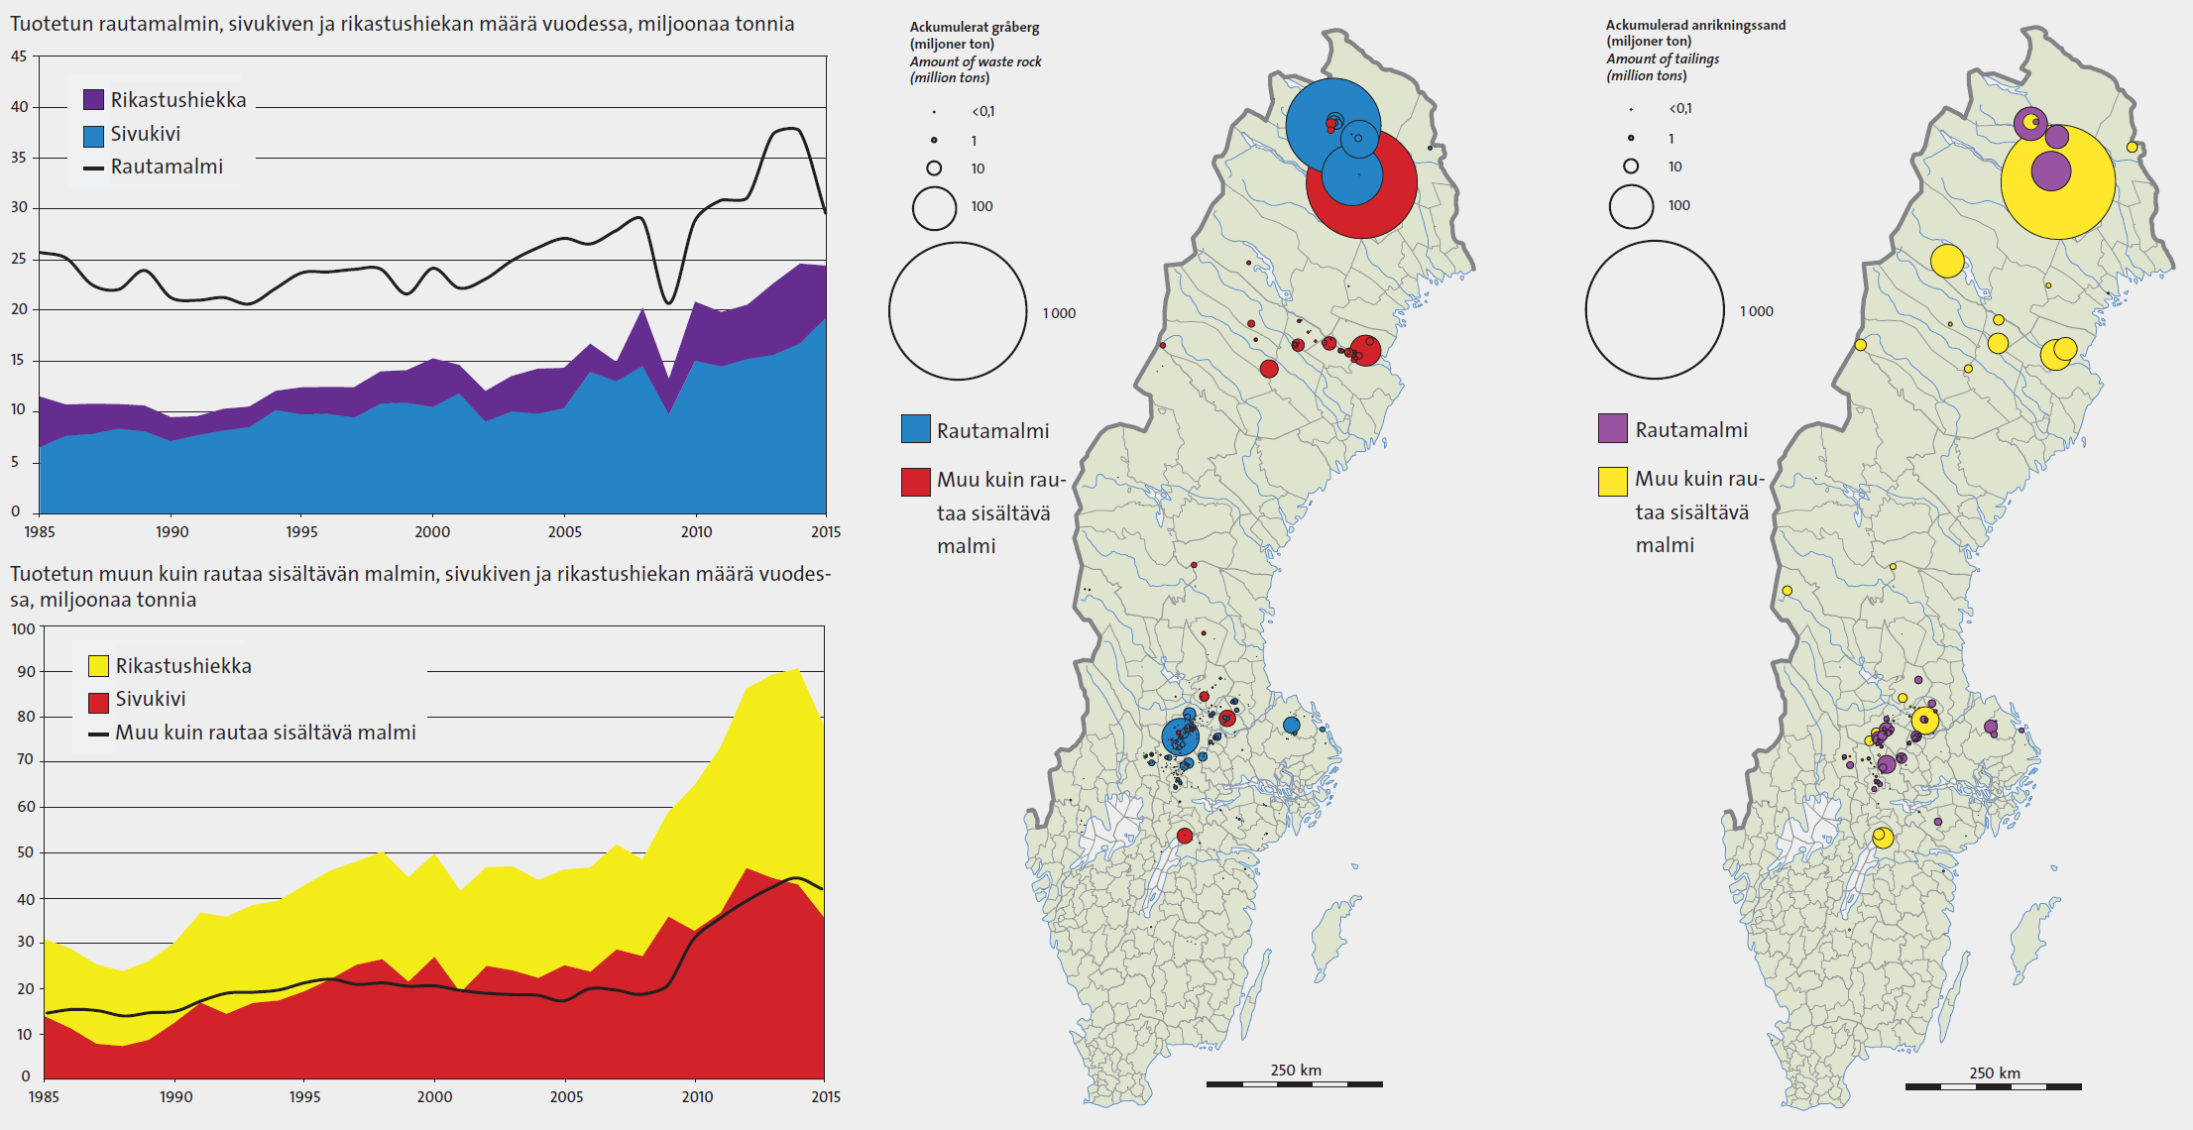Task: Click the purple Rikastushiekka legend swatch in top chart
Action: coord(93,99)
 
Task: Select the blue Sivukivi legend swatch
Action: coord(93,135)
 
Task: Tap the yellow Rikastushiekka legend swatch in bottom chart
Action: coord(98,665)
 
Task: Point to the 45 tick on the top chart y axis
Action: coord(19,56)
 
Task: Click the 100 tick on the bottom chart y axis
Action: coord(23,628)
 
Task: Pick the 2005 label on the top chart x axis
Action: coord(564,531)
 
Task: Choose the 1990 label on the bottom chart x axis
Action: coord(175,1096)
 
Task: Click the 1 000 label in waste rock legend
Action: coord(1058,313)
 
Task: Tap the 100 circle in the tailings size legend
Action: coord(1631,206)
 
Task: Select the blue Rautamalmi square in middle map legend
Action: coord(915,429)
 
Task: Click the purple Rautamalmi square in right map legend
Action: coord(1613,428)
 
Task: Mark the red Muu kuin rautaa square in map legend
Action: coord(915,482)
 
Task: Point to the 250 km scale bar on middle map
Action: coord(1294,1083)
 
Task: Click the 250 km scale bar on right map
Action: coord(1993,1086)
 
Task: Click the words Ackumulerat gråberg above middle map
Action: coord(974,27)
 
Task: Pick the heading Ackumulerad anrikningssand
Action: coord(1695,25)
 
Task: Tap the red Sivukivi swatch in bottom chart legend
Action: coord(98,702)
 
